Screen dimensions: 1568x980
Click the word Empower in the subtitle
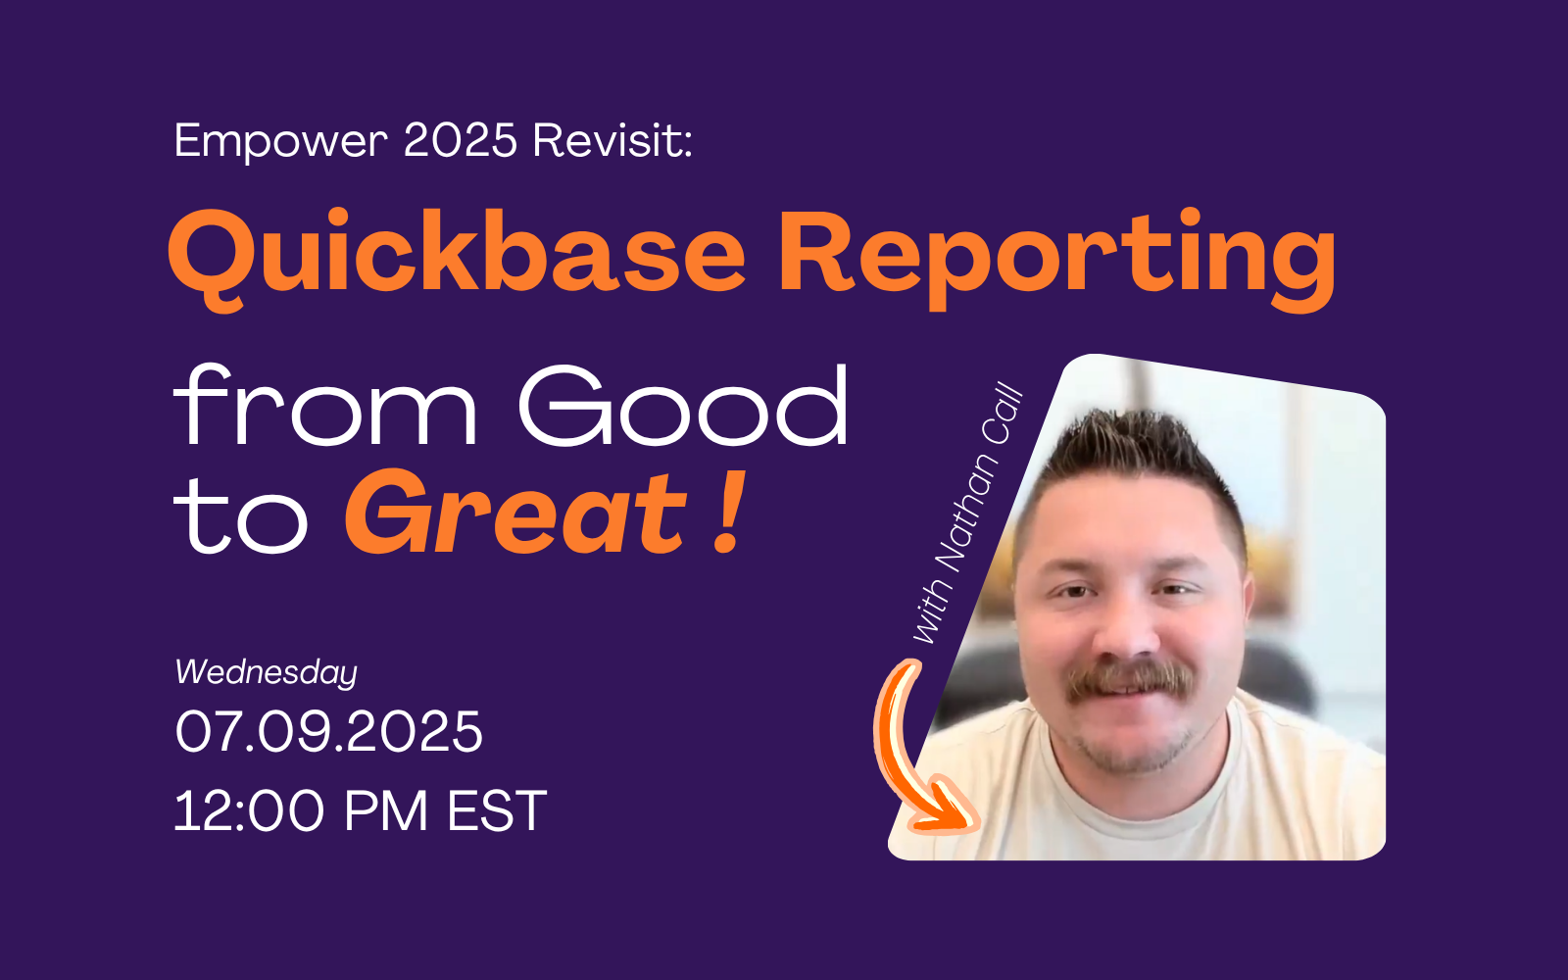[280, 142]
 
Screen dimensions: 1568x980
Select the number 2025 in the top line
[461, 140]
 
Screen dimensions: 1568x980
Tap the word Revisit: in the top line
[612, 140]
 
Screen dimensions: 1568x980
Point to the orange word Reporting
[1057, 258]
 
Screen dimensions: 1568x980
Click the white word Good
[683, 405]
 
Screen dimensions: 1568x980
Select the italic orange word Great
[515, 513]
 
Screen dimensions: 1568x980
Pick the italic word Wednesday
[266, 672]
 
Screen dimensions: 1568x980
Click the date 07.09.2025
[329, 731]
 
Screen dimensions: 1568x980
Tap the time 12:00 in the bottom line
[249, 810]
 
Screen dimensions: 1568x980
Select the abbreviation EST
[498, 810]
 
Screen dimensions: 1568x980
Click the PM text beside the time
[386, 810]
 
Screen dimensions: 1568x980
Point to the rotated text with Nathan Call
[968, 513]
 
